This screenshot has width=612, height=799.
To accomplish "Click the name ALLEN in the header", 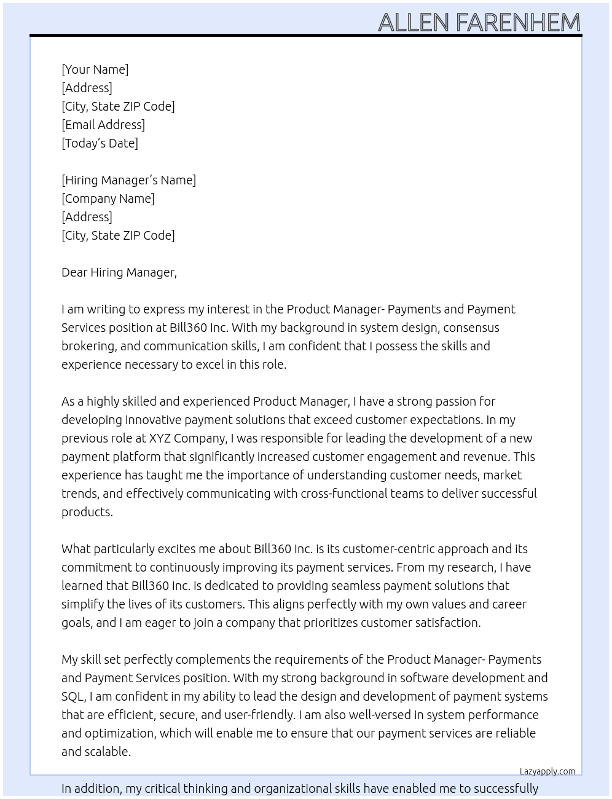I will coord(414,23).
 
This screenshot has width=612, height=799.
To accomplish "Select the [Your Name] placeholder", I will coord(95,69).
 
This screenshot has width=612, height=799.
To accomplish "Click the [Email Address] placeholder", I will coord(103,125).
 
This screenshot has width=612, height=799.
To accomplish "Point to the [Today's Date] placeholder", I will coord(100,143).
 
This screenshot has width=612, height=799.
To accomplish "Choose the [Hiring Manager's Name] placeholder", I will coord(128,180).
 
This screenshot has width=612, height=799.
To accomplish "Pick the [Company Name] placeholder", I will coord(108,199).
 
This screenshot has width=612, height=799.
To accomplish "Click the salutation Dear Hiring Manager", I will coord(119,272).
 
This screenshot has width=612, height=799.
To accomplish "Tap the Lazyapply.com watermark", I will coord(547,771).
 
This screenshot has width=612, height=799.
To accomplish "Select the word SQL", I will coord(72,696).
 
